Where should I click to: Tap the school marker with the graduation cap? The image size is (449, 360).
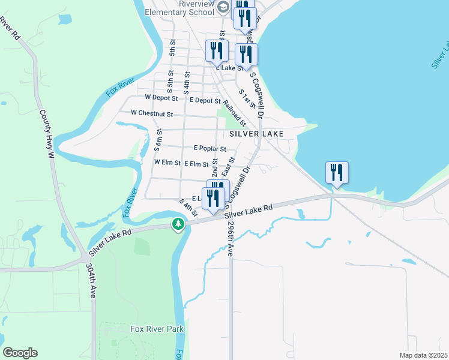(x=223, y=7)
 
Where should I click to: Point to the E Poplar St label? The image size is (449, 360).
(x=209, y=149)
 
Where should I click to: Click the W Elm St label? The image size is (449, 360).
(x=167, y=163)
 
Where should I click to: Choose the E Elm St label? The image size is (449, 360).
(x=196, y=163)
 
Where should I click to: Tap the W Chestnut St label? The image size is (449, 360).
(x=152, y=113)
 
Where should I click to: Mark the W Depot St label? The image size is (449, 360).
(x=161, y=97)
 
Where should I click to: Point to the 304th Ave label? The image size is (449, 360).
(x=91, y=280)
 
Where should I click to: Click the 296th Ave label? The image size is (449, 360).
(x=231, y=241)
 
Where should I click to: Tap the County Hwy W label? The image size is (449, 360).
(x=47, y=134)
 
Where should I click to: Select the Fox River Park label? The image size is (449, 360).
(x=157, y=329)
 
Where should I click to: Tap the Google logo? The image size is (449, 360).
(x=20, y=353)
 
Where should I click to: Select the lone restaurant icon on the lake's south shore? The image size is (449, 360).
(x=337, y=172)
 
